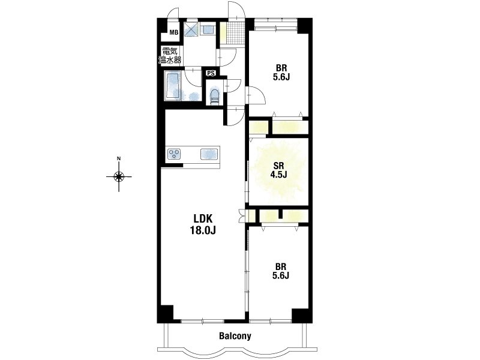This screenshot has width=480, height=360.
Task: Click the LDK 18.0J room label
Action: pos(203,224)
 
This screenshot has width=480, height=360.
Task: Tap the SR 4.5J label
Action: pos(278,170)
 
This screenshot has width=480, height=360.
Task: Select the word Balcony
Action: pos(235,336)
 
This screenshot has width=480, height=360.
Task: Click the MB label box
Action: pos(174,32)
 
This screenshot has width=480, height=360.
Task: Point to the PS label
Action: pos(211,73)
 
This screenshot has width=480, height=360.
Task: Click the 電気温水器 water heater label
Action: pos(170,55)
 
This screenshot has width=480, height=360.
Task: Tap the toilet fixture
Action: pos(215,96)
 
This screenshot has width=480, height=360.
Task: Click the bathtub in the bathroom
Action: pos(172,86)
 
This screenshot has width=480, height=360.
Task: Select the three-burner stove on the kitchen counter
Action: pos(174,154)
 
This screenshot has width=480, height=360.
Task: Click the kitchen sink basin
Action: pos(209,154)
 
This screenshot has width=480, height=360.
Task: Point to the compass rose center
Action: pos(119,176)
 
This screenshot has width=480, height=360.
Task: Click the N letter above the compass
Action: pos(119,158)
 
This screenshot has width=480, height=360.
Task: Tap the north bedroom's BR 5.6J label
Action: pos(281,72)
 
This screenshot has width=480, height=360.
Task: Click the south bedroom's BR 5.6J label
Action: pos(281,271)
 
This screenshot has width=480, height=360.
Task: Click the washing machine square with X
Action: pos(191,29)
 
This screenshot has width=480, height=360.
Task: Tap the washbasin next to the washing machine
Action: pos(208,29)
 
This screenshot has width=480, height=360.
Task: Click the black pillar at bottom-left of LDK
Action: pos(166,313)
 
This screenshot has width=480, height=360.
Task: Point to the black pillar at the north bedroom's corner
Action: pos(304,25)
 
